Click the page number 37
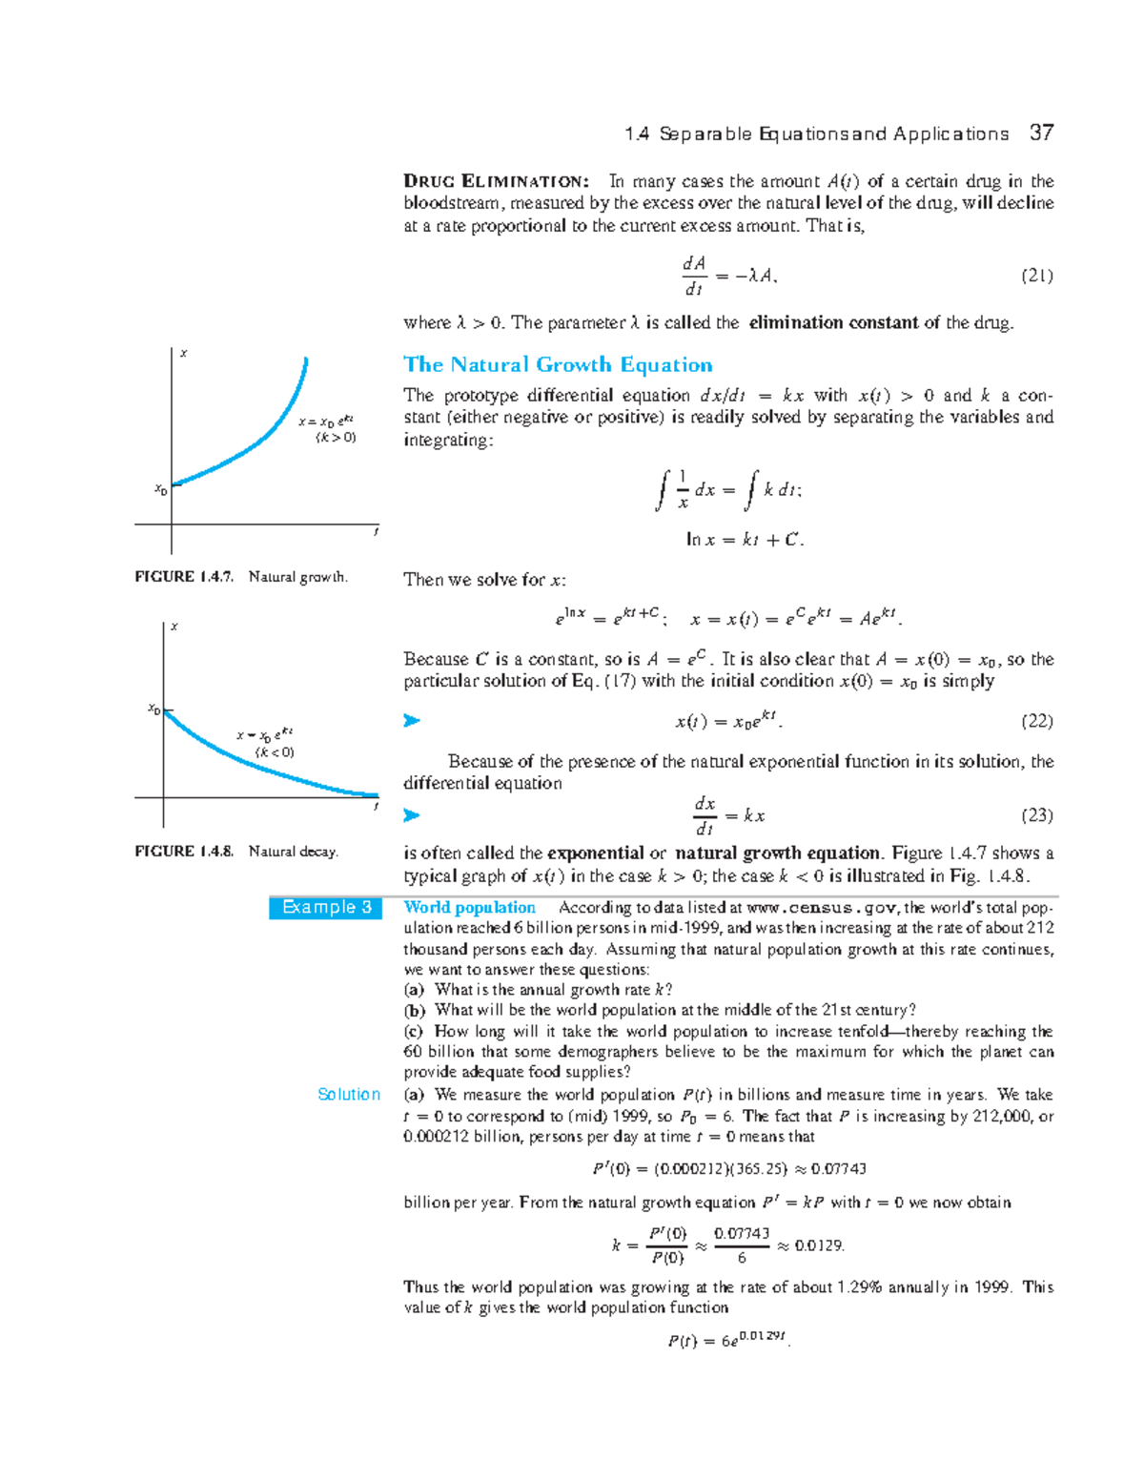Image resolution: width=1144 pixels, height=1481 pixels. click(x=1041, y=133)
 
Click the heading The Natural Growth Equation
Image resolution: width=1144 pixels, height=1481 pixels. click(x=558, y=364)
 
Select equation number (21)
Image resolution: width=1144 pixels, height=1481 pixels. click(x=1036, y=276)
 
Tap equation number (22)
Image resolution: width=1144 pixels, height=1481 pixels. click(x=1036, y=721)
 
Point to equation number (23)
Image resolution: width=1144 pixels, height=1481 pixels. click(x=1036, y=815)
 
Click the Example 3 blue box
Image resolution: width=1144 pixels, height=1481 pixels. click(x=326, y=907)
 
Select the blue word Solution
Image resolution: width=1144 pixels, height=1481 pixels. click(x=349, y=1094)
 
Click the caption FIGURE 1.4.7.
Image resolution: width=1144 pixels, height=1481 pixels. click(x=184, y=577)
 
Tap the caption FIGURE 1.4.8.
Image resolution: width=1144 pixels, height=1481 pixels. click(x=184, y=852)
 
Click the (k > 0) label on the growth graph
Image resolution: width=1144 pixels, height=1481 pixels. click(x=336, y=438)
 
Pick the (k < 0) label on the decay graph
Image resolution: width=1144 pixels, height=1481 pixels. click(x=275, y=752)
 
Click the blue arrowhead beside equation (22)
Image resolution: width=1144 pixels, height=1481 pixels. click(x=412, y=721)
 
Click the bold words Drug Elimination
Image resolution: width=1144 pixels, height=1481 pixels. click(x=496, y=181)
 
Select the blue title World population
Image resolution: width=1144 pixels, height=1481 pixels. click(x=469, y=907)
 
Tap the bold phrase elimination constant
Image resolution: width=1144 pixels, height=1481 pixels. click(x=834, y=322)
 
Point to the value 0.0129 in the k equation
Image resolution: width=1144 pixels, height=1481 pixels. click(x=819, y=1245)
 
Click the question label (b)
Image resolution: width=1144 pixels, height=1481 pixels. click(x=414, y=1010)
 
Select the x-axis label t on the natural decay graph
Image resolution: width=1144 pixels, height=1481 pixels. click(x=376, y=807)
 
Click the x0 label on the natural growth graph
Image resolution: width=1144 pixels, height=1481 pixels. click(x=161, y=490)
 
